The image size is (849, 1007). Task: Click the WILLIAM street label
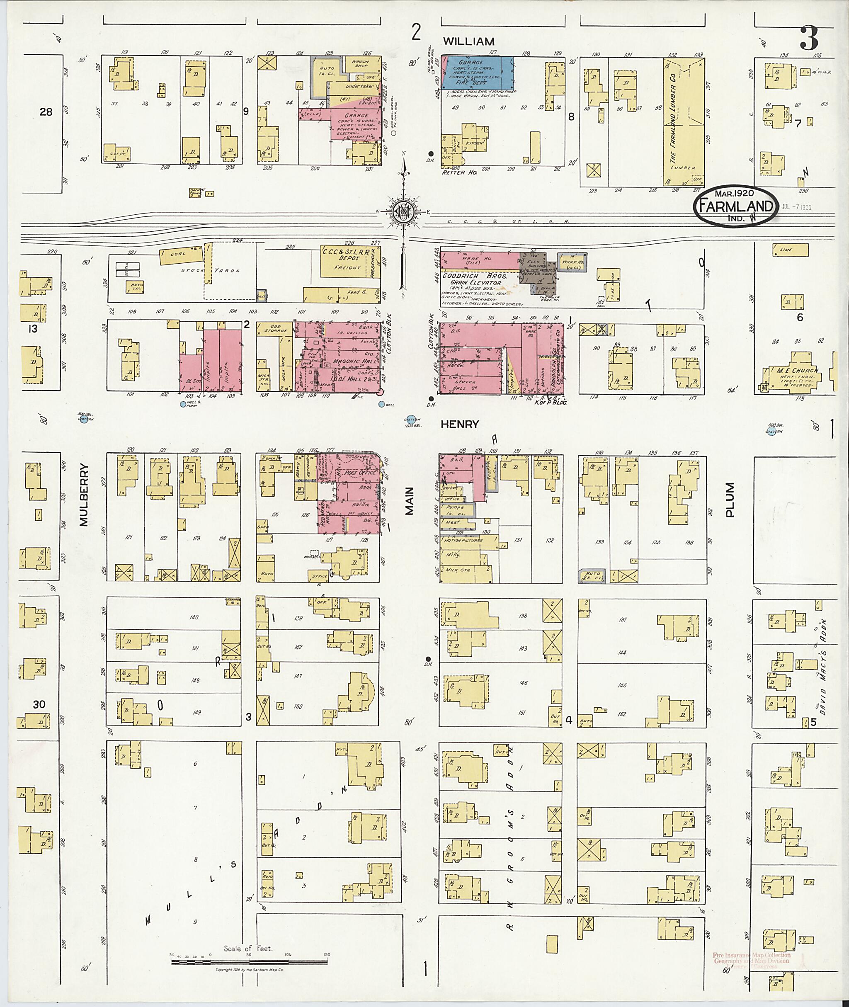click(468, 41)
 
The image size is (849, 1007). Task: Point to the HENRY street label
click(460, 424)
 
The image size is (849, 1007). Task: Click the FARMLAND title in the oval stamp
click(735, 206)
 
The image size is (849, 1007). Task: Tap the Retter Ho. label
click(459, 172)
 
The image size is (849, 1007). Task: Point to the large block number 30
click(39, 704)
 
